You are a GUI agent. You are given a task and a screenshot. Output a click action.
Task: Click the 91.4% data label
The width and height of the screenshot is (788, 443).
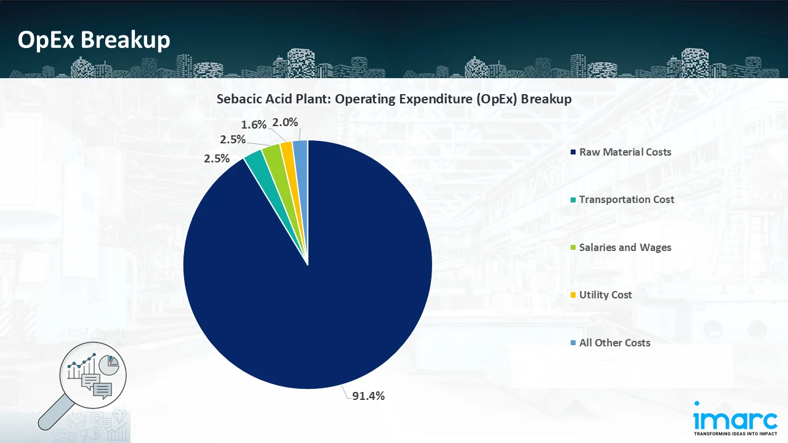(368, 396)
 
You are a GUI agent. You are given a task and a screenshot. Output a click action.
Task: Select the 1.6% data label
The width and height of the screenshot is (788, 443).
(254, 124)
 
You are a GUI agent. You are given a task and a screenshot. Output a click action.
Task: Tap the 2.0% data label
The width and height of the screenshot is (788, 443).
(285, 122)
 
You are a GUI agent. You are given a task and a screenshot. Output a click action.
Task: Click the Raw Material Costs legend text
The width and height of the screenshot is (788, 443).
(625, 152)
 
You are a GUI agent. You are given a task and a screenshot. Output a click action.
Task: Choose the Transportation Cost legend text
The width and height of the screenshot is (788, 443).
(626, 199)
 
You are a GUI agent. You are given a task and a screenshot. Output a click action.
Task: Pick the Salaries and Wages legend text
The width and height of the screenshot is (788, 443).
(625, 247)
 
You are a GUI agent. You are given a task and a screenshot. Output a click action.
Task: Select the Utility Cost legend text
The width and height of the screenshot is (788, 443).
(605, 295)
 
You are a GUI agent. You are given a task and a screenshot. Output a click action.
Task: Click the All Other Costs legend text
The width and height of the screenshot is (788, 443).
(614, 343)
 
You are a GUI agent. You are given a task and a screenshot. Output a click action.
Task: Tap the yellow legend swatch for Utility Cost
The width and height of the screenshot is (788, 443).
(573, 295)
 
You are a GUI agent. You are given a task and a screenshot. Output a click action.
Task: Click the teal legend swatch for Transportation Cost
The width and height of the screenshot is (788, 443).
(573, 200)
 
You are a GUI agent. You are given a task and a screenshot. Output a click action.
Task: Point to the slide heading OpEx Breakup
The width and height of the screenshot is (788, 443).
(94, 40)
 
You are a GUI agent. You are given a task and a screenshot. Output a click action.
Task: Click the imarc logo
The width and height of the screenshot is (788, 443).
(734, 420)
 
